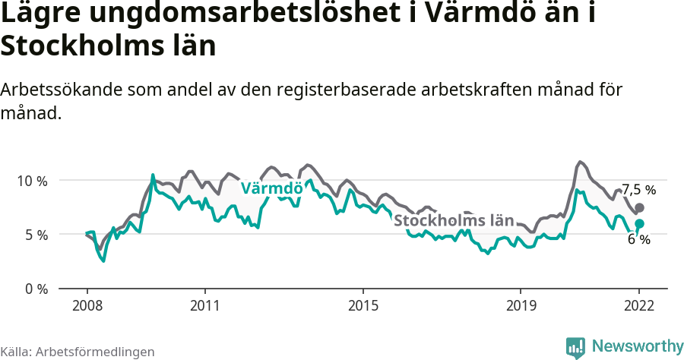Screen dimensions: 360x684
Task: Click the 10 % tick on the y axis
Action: (32, 181)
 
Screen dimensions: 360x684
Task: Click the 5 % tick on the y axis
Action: (35, 235)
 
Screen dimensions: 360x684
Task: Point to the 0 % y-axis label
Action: (35, 289)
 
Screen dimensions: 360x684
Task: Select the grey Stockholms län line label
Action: (454, 221)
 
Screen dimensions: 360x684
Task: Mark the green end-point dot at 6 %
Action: (640, 223)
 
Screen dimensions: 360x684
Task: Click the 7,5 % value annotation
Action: (638, 190)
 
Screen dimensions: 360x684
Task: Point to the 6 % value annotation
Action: (638, 239)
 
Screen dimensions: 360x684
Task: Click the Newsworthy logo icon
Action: (575, 347)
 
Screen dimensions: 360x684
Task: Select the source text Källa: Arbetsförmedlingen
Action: (78, 352)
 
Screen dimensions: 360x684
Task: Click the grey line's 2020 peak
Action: (580, 162)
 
